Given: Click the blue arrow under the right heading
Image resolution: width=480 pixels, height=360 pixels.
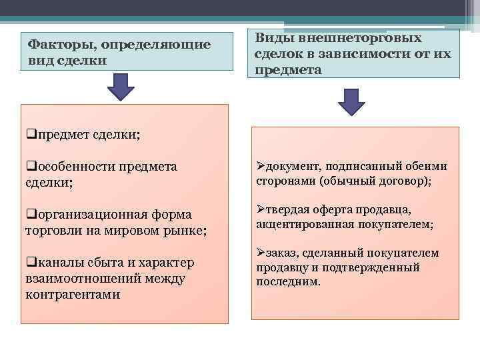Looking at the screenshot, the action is pos(351,103).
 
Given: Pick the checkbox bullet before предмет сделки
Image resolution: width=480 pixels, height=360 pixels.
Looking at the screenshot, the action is pos(31,134).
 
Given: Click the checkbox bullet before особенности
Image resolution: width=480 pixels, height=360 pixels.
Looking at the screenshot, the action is pos(31,166).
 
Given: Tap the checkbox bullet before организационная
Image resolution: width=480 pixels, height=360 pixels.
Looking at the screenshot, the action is pos(31,214).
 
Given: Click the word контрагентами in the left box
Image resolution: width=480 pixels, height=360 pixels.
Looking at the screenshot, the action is pos(73,294).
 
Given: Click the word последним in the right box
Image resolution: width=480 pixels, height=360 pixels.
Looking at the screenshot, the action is pos(287,281).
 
